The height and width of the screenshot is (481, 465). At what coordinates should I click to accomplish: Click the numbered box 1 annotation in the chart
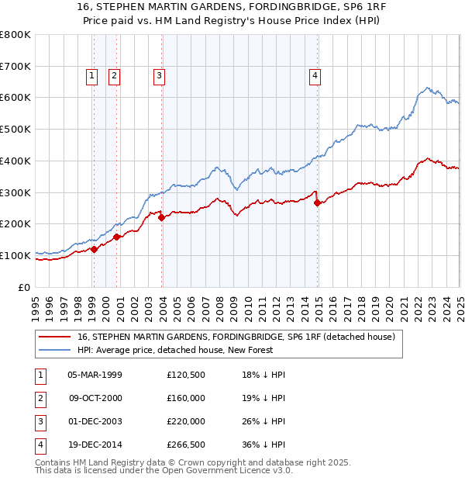[92, 75]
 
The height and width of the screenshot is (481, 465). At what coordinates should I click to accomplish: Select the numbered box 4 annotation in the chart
[315, 75]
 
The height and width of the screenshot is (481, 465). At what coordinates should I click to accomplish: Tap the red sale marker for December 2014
[318, 203]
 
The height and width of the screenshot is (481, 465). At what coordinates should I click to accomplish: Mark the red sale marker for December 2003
[162, 218]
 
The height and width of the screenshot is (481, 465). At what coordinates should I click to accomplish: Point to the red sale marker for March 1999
[94, 249]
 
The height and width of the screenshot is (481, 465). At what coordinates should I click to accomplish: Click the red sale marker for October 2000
[116, 237]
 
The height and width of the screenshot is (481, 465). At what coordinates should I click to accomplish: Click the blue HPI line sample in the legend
[56, 350]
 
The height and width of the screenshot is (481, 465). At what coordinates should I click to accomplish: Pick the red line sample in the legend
[56, 337]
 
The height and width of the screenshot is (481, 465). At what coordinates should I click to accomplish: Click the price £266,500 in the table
[185, 445]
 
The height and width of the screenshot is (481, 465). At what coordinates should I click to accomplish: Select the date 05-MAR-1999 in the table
[95, 375]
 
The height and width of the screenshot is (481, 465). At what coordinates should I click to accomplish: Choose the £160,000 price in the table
[185, 398]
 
